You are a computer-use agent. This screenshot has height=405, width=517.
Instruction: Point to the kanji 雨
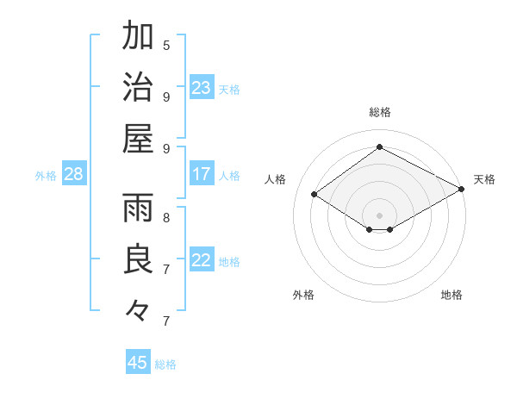138,209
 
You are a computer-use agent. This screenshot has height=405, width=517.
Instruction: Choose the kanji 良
138,260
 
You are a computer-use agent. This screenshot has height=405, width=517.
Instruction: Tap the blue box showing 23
202,88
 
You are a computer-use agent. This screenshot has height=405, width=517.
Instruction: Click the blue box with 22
202,261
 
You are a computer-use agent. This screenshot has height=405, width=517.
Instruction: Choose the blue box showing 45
138,363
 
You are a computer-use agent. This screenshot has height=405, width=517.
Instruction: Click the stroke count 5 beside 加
166,45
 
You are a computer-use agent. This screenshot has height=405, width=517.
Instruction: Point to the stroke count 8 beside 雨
166,217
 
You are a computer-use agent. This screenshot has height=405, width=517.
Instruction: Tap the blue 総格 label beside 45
165,364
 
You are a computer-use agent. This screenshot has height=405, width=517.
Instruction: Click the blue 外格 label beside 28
46,176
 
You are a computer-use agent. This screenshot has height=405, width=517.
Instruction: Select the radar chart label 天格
484,179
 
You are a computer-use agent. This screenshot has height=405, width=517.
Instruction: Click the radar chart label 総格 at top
379,112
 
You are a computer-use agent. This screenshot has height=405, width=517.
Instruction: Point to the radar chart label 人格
276,179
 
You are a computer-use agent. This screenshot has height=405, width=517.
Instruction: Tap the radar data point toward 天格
461,190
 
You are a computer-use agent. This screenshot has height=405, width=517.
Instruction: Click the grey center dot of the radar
379,214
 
